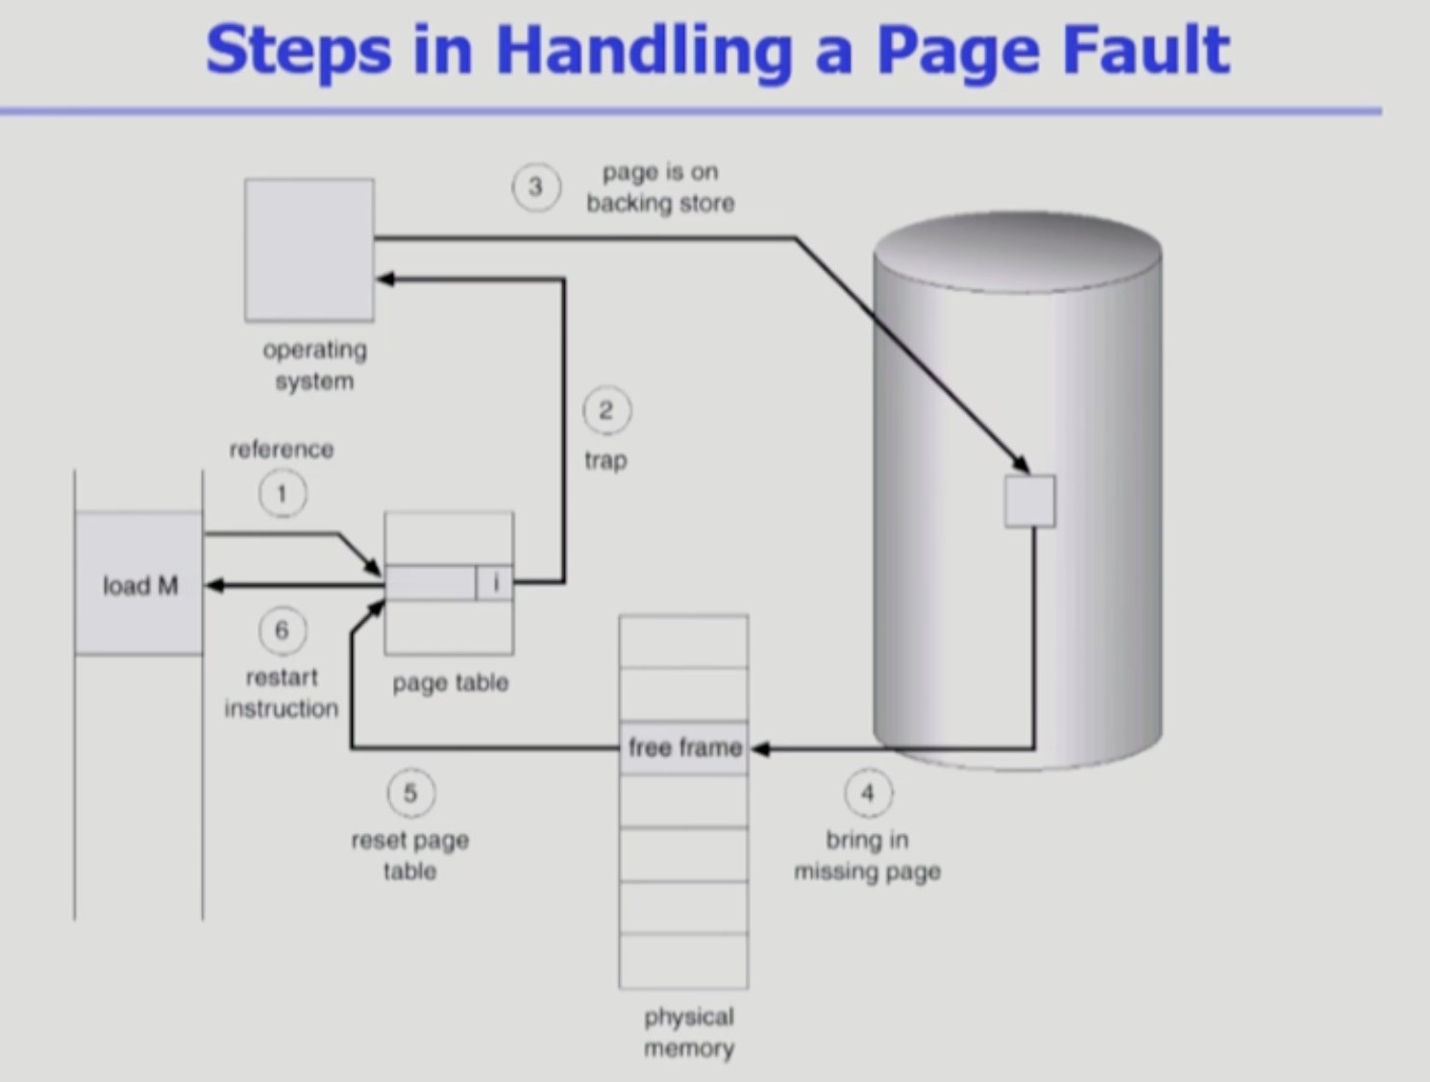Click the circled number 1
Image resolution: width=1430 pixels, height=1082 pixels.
coord(282,494)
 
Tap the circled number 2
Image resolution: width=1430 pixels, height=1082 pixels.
coord(606,411)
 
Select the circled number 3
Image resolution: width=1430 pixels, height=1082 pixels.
coord(536,187)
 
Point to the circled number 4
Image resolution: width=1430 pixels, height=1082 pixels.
coord(868,793)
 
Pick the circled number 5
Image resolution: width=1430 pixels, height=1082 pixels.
coord(410,793)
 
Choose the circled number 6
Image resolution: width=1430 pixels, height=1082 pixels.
coord(282,630)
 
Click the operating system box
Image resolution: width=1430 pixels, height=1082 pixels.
coord(309,250)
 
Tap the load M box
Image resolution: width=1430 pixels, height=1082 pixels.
coord(139,584)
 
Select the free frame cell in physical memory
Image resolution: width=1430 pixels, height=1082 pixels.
coord(684,748)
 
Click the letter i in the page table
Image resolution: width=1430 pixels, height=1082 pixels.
coord(496,582)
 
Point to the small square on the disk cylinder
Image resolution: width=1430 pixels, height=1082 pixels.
coord(1029,501)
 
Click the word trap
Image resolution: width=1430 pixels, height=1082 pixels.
coord(605,460)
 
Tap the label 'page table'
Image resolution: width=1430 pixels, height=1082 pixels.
coord(450,683)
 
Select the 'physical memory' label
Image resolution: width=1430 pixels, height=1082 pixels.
coord(688,1032)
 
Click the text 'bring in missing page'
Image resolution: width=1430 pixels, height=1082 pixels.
coord(867,855)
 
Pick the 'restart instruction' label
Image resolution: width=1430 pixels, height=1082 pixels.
coord(281,693)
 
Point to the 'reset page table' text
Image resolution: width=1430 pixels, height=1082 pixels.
coord(410,855)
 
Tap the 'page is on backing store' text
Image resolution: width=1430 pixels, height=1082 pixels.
coord(660,187)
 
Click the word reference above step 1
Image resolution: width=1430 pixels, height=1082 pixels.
coord(281,449)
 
